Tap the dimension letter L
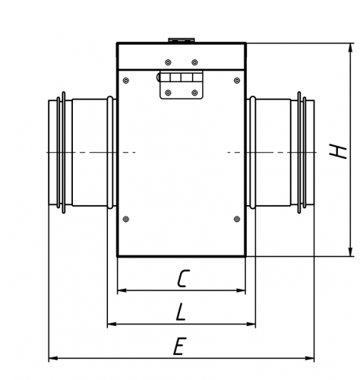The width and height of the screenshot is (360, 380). (x=181, y=312)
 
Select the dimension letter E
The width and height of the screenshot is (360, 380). (x=180, y=346)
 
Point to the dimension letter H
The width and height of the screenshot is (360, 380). (x=337, y=151)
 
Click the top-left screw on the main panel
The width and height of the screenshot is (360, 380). (x=126, y=81)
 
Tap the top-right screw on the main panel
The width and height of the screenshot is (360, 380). (x=237, y=81)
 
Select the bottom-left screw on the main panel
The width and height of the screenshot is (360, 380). (x=126, y=219)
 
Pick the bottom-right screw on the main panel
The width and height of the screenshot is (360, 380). (x=237, y=219)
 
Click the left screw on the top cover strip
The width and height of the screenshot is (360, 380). (x=168, y=62)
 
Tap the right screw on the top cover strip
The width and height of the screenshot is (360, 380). (x=194, y=62)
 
